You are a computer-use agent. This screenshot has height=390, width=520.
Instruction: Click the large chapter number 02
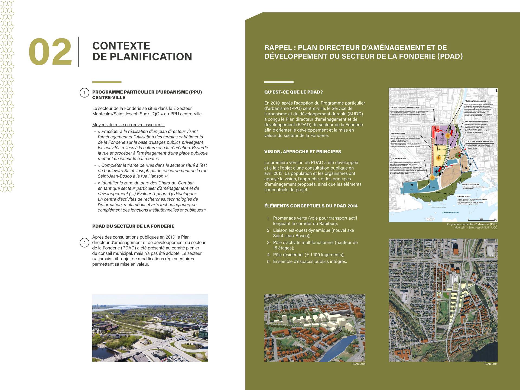50,52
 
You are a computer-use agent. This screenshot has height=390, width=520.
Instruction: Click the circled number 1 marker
84,93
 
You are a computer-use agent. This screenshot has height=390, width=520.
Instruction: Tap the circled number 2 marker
84,243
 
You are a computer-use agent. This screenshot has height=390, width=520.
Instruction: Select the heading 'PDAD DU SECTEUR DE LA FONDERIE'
133,226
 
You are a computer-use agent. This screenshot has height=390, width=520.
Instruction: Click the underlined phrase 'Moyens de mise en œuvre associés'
128,125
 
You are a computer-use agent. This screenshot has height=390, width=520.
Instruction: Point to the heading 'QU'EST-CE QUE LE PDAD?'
293,92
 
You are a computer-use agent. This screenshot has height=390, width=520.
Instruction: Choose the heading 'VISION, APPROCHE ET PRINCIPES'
303,152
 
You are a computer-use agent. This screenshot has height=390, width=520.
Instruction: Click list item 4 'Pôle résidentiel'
308,255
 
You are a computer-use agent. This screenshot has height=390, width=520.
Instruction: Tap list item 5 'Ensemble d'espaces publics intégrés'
310,261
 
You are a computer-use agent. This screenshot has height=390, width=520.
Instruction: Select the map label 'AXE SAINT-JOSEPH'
398,134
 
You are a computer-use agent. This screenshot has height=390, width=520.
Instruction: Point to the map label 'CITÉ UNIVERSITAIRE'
398,158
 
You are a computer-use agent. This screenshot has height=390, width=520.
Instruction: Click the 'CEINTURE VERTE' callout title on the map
463,197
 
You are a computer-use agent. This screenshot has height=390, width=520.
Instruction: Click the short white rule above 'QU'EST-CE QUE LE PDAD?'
279,82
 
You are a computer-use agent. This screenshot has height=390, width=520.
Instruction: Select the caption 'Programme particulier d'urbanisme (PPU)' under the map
472,224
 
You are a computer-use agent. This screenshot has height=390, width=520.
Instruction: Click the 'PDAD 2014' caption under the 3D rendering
358,364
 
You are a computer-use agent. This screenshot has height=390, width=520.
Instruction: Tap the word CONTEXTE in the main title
121,46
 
